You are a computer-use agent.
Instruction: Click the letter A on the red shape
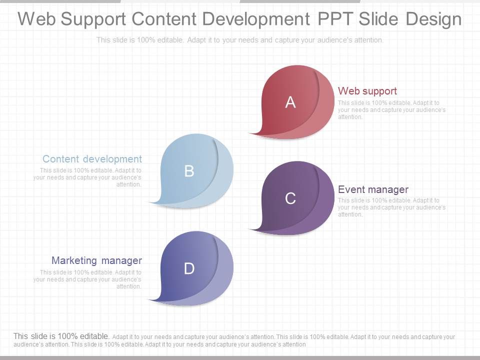click(x=290, y=102)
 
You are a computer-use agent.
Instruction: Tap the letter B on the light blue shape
click(x=189, y=171)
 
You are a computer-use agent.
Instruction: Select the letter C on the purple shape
click(x=290, y=198)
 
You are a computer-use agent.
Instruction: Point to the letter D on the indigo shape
click(x=189, y=268)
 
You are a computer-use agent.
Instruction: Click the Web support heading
click(x=367, y=91)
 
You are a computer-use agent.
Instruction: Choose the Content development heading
click(x=92, y=159)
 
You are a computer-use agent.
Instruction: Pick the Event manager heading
click(x=373, y=189)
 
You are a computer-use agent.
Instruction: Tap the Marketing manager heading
click(x=96, y=260)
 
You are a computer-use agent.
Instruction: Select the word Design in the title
click(x=433, y=19)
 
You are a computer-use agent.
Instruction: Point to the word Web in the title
click(x=37, y=19)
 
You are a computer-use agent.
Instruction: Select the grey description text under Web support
click(x=391, y=109)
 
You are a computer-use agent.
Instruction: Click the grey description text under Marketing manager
click(x=87, y=279)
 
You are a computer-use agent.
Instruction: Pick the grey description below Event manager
click(x=391, y=207)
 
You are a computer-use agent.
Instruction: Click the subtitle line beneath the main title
click(x=240, y=40)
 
